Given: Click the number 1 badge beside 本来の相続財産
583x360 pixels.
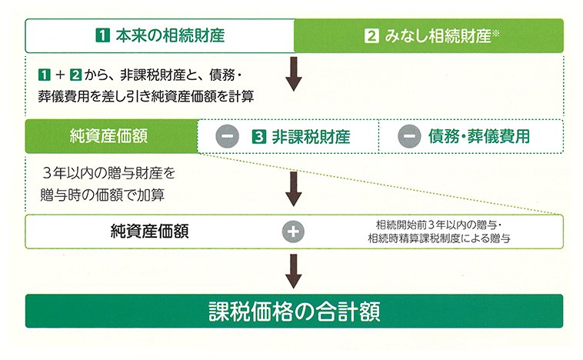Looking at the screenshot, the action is (x=102, y=35).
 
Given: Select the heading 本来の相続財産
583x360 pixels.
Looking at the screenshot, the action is (x=170, y=35).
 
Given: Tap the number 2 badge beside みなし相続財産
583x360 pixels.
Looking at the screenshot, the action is (x=371, y=36).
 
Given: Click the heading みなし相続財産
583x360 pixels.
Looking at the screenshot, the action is (x=438, y=36).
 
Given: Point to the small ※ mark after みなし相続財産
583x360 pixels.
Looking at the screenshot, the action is (x=495, y=34).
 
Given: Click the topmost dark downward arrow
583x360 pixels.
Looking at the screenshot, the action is (x=294, y=74).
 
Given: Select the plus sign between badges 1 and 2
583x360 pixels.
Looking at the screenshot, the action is (x=60, y=75).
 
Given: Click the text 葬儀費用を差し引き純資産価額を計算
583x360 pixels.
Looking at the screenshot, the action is (x=146, y=97).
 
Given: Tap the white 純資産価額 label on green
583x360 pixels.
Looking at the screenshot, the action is (x=108, y=136).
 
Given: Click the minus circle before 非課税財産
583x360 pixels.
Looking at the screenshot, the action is (x=227, y=136).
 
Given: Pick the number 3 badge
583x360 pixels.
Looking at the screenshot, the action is (x=258, y=136).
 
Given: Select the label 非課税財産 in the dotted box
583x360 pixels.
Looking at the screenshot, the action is (x=311, y=136).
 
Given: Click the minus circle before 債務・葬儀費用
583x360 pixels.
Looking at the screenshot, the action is (x=409, y=136).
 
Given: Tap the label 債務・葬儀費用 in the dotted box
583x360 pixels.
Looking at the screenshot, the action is (x=479, y=136).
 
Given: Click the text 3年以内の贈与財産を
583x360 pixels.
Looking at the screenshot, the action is (x=108, y=173).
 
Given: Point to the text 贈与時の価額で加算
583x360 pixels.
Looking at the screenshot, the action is (x=102, y=195).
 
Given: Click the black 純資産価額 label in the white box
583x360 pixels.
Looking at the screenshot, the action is (x=150, y=232).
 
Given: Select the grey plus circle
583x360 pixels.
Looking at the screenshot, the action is (x=293, y=232).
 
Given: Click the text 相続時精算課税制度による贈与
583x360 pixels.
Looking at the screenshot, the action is (x=439, y=238).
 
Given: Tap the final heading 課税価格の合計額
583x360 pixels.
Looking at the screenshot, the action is (x=295, y=312).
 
